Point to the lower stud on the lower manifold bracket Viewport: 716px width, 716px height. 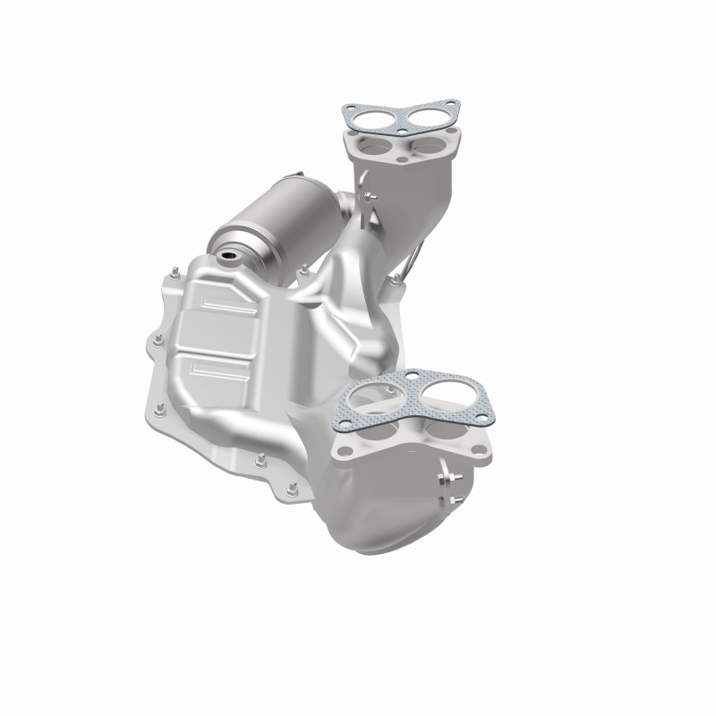[454, 500]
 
